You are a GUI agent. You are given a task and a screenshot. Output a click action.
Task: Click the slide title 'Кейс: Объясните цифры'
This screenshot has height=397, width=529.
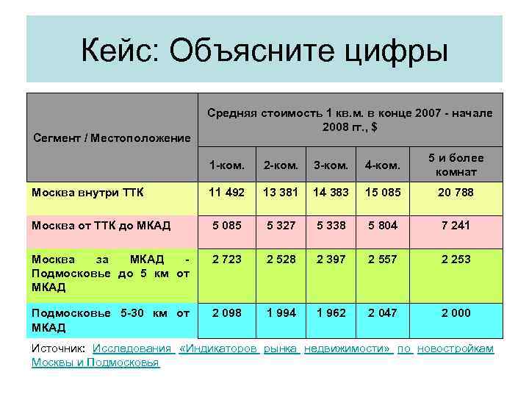[x=264, y=51]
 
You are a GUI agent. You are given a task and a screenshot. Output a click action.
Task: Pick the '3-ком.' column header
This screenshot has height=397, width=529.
[x=330, y=165]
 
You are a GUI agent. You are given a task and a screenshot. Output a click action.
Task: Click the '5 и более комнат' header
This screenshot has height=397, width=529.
[x=456, y=165]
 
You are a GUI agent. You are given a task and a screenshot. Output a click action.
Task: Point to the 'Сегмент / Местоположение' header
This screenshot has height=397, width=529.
[x=112, y=137]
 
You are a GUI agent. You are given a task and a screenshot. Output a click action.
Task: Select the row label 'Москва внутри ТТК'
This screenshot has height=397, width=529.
[x=88, y=193]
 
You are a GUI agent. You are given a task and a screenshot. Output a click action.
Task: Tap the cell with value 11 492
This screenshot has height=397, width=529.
[x=225, y=193]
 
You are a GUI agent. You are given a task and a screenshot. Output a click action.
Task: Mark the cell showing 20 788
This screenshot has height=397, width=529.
[x=456, y=193]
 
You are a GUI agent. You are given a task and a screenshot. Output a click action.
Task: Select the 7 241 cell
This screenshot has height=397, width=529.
[x=456, y=226]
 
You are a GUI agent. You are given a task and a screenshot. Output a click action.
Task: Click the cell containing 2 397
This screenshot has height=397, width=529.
[x=330, y=260]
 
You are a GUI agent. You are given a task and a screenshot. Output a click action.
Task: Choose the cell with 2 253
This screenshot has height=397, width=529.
[x=456, y=260]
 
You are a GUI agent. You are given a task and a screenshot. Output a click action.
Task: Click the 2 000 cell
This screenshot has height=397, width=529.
[x=456, y=313]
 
